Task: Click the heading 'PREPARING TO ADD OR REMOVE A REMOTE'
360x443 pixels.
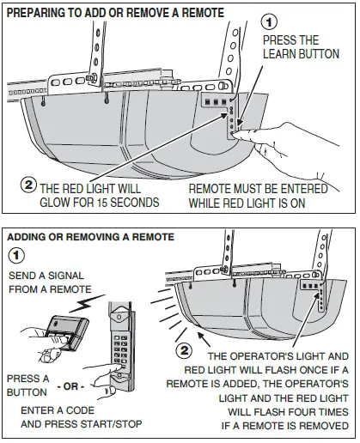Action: click(115, 13)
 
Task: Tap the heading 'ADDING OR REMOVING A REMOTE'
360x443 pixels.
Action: click(90, 237)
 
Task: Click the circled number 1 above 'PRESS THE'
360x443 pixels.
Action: click(269, 22)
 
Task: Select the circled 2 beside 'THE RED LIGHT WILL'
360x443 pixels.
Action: click(28, 185)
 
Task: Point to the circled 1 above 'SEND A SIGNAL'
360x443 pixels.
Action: click(16, 256)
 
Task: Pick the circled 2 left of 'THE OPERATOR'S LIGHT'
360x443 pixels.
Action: click(184, 350)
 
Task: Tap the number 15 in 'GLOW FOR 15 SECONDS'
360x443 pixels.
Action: click(101, 203)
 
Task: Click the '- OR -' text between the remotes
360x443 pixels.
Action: click(70, 386)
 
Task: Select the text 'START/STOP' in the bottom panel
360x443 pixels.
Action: click(114, 423)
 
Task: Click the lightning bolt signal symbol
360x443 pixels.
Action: click(87, 304)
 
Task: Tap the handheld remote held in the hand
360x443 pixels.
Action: click(68, 332)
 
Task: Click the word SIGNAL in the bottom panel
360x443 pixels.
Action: click(66, 276)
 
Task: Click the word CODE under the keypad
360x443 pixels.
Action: click(80, 410)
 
